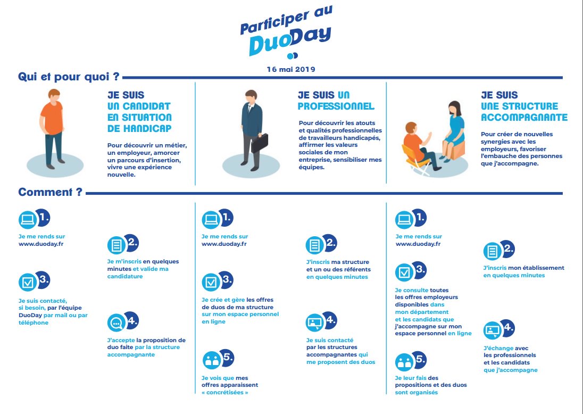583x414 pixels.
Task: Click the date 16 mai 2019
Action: [291, 69]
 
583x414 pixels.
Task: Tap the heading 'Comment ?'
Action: [51, 192]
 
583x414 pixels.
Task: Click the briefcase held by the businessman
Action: [260, 142]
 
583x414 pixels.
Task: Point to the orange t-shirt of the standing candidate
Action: [52, 117]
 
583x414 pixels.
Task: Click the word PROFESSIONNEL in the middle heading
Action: [336, 106]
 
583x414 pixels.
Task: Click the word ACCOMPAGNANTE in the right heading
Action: [524, 118]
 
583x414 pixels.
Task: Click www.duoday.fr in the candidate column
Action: [41, 244]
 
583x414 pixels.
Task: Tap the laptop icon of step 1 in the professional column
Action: [211, 219]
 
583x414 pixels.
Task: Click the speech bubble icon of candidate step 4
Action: [115, 322]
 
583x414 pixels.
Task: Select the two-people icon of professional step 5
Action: [212, 359]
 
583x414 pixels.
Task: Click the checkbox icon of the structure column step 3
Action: [404, 272]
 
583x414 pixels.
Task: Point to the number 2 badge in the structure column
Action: [508, 249]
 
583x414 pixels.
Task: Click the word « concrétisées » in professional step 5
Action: [224, 392]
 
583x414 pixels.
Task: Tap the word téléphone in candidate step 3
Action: [34, 322]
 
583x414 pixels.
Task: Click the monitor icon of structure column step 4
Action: [492, 330]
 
